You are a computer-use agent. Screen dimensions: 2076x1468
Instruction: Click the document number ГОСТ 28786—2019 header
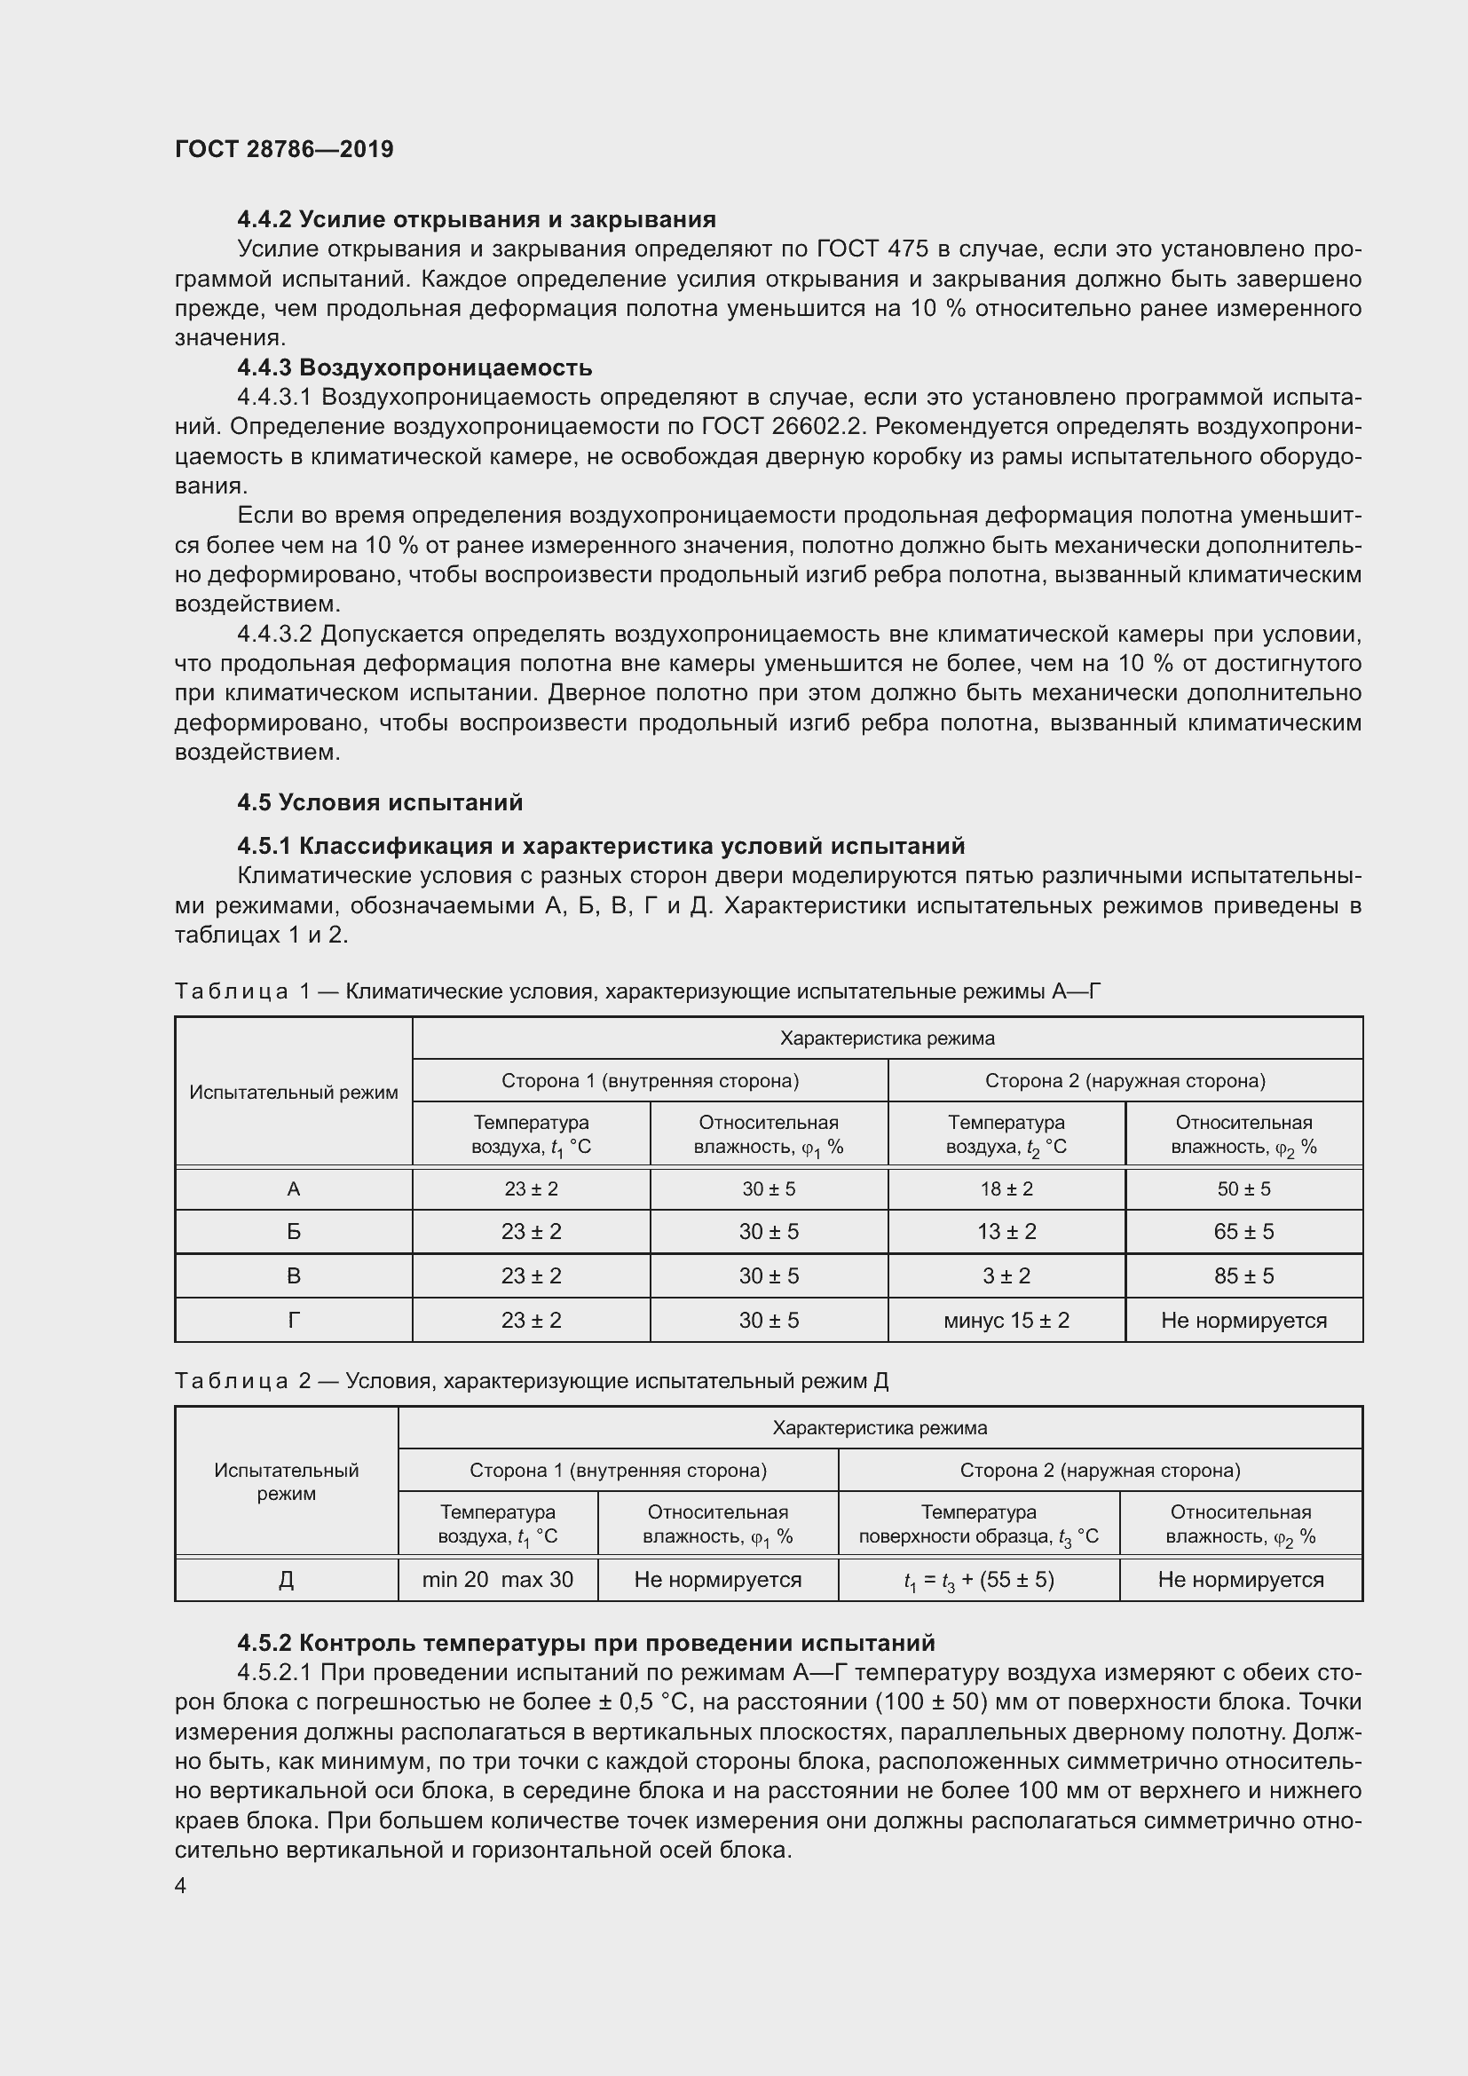284,149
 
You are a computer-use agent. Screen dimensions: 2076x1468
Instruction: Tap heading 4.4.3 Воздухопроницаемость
414,367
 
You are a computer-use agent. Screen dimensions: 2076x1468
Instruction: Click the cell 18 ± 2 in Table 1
1006,1189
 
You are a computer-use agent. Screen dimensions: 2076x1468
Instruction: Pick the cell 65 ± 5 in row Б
1243,1232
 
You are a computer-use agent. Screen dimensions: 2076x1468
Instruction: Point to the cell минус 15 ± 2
1006,1320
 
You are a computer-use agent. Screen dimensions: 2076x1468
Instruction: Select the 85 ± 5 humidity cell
1243,1275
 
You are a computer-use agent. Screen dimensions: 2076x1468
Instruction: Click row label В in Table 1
293,1275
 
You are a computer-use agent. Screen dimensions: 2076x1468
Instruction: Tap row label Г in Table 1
293,1320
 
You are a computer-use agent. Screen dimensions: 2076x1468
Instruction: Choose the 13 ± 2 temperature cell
1006,1232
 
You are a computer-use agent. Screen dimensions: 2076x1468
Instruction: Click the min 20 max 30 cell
497,1580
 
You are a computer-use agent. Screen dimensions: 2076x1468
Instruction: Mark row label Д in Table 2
286,1580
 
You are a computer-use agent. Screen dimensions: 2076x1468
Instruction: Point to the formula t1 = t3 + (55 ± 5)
978,1580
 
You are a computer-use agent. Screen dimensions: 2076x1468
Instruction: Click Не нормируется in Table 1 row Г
1243,1320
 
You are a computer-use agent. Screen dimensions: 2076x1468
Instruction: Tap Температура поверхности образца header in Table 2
978,1525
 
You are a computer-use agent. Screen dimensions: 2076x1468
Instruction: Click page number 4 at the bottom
181,1886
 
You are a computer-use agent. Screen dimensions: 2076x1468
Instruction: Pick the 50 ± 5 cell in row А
1243,1189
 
